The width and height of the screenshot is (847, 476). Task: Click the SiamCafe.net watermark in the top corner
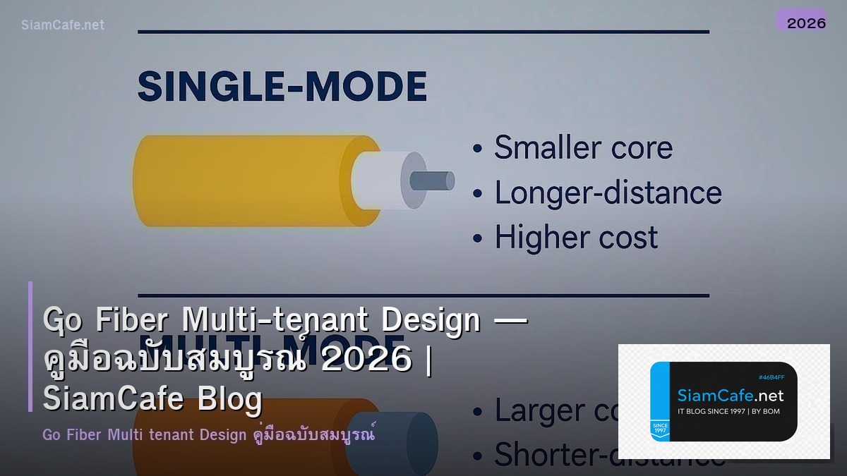[x=63, y=25]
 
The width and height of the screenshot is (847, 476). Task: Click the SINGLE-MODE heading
[x=282, y=87]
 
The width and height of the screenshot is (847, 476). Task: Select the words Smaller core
[x=583, y=148]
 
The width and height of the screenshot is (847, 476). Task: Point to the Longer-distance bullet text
[x=608, y=193]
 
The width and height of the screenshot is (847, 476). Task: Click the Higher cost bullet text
[x=576, y=238]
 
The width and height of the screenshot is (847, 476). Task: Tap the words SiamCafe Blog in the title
[x=152, y=399]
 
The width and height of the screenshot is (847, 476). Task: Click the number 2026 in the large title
[x=366, y=360]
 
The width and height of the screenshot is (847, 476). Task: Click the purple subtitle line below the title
[x=208, y=434]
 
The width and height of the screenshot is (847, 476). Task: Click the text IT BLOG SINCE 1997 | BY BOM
[x=728, y=411]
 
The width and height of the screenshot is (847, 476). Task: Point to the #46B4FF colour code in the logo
[x=771, y=377]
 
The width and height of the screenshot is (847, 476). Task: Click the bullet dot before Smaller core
[x=478, y=149]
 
